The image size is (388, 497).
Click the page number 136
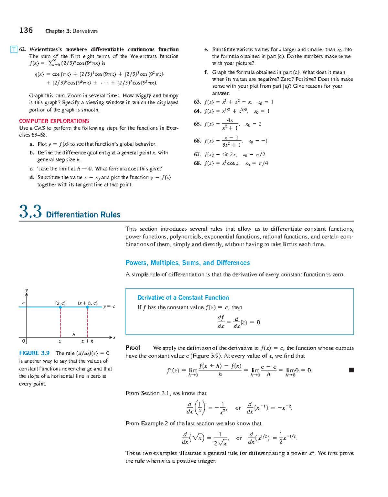[26, 30]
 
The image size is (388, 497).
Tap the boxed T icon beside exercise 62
[14, 50]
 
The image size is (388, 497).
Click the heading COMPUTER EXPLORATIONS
[54, 121]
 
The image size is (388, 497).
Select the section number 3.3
[30, 212]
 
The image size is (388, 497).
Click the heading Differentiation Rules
[83, 215]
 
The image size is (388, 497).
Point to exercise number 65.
[197, 124]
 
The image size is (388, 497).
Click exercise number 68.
[197, 163]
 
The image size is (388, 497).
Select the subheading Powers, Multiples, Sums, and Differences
[188, 263]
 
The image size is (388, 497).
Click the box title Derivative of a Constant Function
[183, 298]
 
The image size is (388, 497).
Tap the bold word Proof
[133, 348]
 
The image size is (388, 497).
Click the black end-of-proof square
[351, 370]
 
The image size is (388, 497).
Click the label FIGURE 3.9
[34, 353]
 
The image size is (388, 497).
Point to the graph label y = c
[109, 306]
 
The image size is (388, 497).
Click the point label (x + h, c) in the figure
[88, 303]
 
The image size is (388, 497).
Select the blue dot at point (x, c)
[60, 307]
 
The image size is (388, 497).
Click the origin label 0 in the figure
[23, 341]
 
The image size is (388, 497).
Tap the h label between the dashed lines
[74, 335]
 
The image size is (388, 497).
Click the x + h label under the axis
[87, 341]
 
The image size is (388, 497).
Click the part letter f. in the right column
[206, 72]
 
